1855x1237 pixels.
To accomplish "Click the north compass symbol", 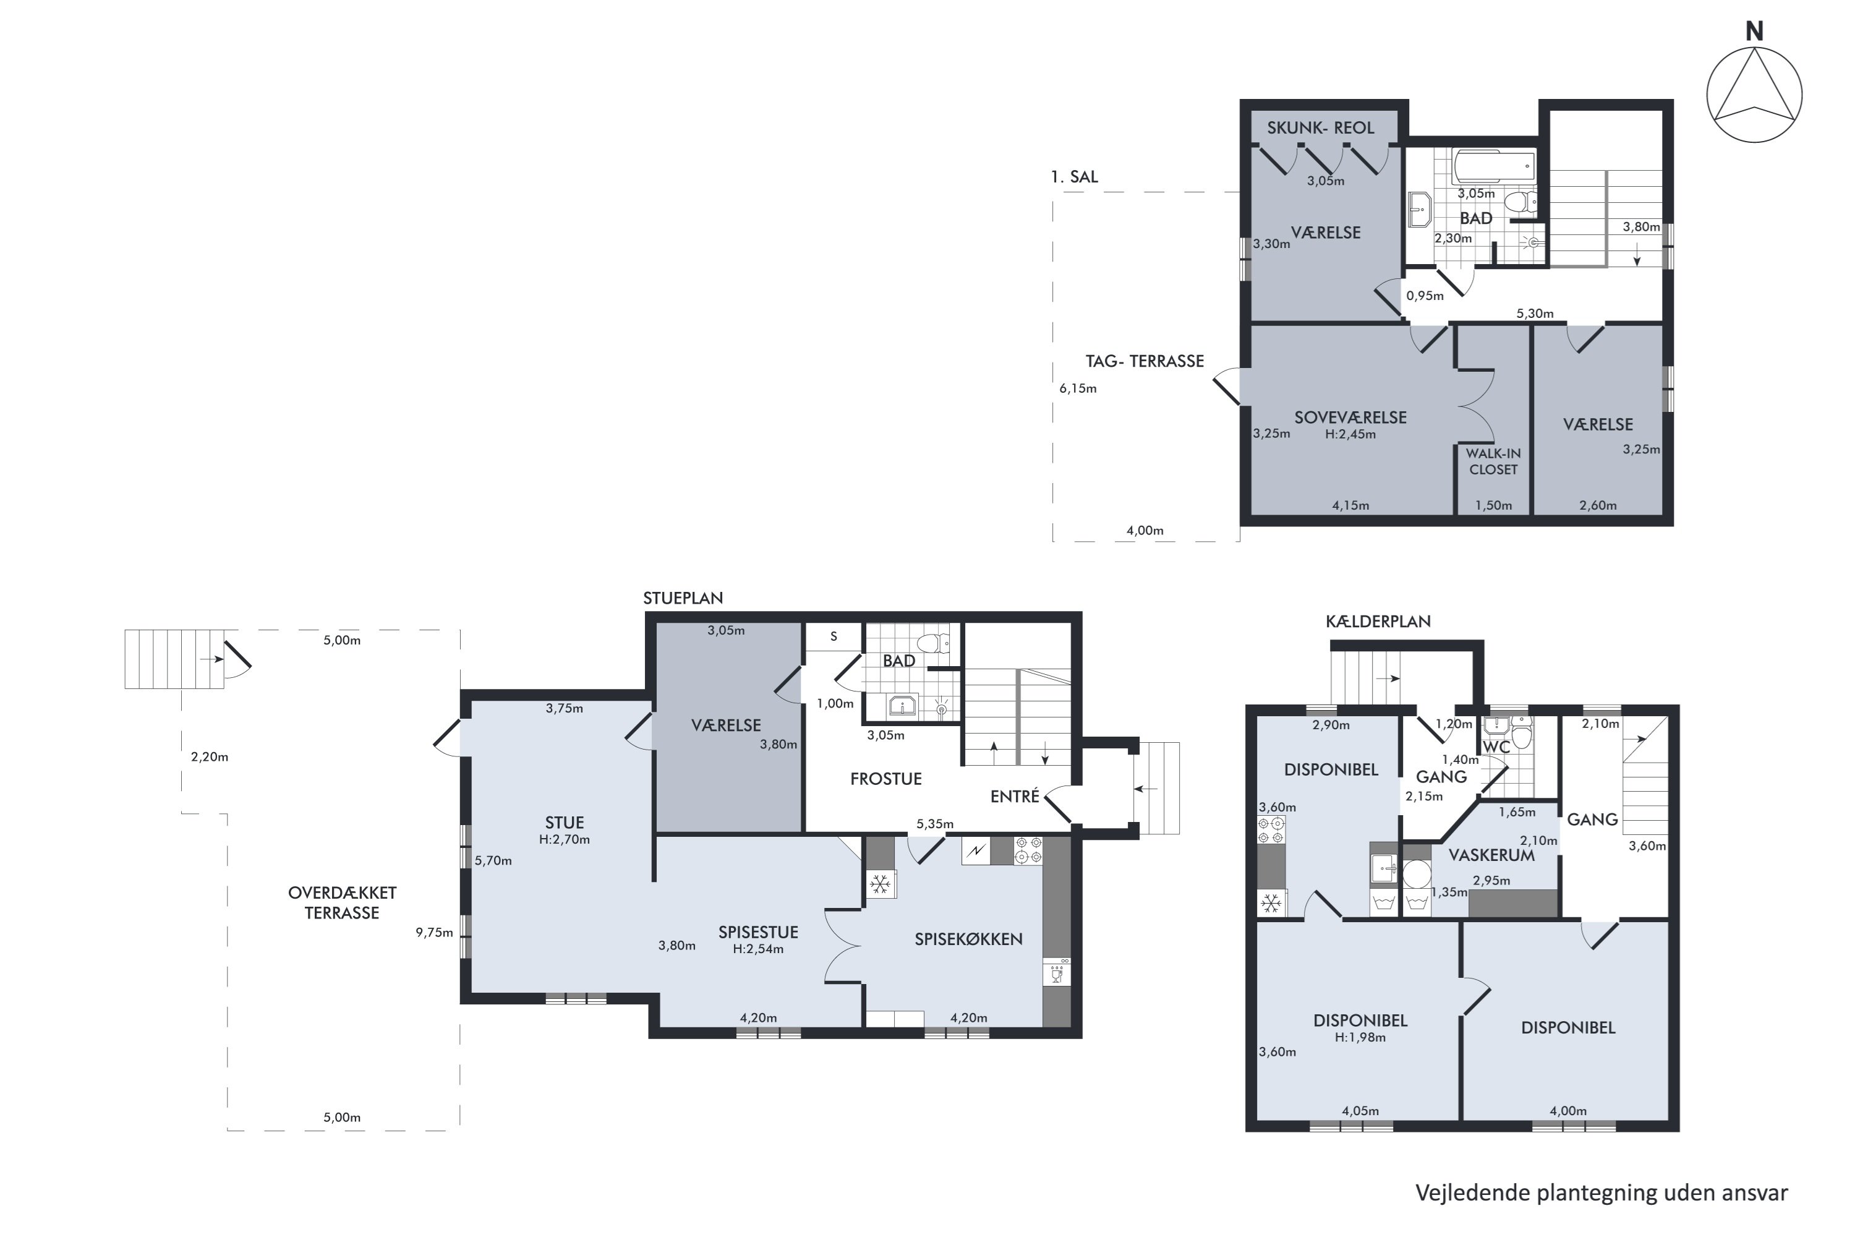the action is coord(1754,95).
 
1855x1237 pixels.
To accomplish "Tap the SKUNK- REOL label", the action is coord(1320,128).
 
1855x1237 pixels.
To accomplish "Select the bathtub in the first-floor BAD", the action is coord(1494,166).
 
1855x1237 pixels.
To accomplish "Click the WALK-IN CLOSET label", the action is coord(1493,461).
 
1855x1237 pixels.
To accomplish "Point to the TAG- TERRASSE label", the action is coord(1145,361).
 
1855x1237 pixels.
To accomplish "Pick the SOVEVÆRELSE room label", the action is coord(1350,417).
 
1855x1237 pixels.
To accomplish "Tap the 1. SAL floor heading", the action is coord(1074,177).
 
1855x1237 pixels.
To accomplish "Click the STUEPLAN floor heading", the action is coord(683,598).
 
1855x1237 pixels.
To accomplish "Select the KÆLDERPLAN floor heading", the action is coord(1378,621).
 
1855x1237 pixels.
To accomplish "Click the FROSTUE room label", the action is coord(885,779).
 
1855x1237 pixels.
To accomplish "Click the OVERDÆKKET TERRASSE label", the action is coord(343,902).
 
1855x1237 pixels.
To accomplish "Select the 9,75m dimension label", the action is coord(435,933).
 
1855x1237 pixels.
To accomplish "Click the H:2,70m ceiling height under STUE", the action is coord(564,839).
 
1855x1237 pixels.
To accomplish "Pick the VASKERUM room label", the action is coord(1491,855).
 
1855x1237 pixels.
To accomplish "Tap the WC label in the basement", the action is coord(1496,747).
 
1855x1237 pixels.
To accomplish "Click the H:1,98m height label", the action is coord(1360,1037).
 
